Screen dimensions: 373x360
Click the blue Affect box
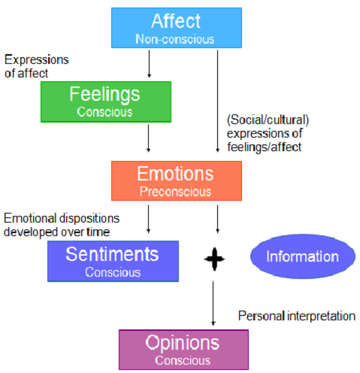[176, 28]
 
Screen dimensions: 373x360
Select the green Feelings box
[105, 102]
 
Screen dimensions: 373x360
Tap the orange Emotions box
[176, 181]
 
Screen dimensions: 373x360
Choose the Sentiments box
[113, 261]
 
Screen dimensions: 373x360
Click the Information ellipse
[302, 256]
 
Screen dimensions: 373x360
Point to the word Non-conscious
[174, 39]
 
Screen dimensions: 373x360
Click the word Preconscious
[175, 192]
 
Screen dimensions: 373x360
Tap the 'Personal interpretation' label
[296, 316]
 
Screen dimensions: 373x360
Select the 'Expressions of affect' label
[36, 67]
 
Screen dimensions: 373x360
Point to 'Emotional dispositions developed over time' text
[62, 225]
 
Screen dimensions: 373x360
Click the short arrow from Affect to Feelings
[149, 64]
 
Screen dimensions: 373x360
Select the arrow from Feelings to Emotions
[148, 138]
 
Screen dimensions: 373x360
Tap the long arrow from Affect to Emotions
[217, 102]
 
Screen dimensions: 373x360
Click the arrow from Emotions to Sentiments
[148, 218]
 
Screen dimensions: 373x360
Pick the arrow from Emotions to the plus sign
[217, 218]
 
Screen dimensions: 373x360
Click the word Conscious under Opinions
[183, 361]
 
